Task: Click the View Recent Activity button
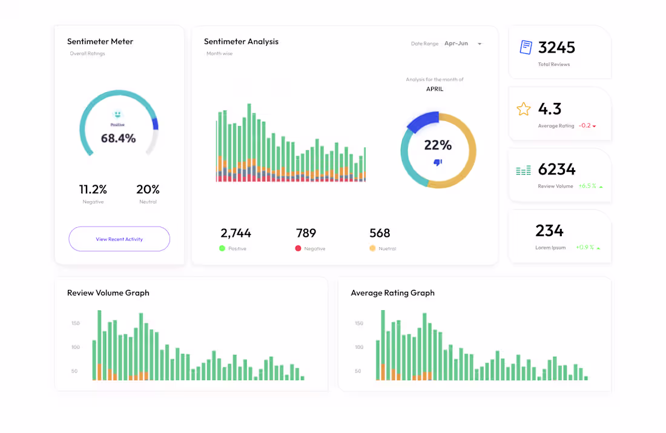[x=119, y=239]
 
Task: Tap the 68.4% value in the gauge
[x=118, y=138]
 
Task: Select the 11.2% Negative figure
[x=93, y=190]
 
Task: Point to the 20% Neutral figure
[x=148, y=190]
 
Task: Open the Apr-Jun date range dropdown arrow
[x=480, y=44]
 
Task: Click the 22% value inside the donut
[x=438, y=145]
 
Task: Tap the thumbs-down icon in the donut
[x=438, y=162]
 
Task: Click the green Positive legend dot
[x=222, y=248]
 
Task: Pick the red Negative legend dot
[x=298, y=248]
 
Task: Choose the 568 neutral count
[x=380, y=233]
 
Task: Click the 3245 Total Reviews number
[x=556, y=47]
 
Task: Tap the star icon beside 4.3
[x=523, y=109]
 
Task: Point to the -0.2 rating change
[x=585, y=126]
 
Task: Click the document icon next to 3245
[x=526, y=47]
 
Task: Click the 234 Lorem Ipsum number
[x=549, y=231]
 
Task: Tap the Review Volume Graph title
[x=108, y=293]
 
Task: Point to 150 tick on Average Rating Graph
[x=358, y=323]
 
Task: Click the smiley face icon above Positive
[x=117, y=114]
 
